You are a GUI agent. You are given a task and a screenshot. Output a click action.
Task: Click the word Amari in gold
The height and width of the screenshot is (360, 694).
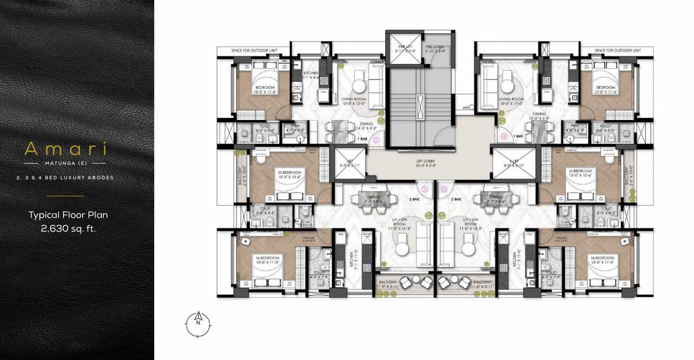65,150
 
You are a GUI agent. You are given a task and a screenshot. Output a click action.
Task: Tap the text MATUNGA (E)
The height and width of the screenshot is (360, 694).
65,163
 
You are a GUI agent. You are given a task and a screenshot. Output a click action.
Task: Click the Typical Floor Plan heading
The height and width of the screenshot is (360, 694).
68,215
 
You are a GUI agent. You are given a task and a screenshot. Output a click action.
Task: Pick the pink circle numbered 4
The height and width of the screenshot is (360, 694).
504,137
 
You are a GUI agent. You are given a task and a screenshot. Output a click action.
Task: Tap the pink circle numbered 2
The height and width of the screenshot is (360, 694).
424,190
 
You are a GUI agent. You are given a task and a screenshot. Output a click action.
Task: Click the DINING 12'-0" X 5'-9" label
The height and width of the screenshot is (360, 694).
539,116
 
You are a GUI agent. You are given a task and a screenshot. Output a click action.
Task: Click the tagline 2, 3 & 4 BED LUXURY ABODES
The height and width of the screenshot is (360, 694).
65,178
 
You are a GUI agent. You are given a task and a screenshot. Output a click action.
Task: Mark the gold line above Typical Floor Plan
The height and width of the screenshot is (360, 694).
65,196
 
